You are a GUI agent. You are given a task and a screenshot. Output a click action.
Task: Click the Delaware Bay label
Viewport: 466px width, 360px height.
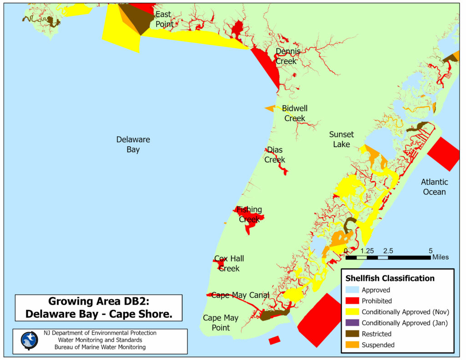coord(133,144)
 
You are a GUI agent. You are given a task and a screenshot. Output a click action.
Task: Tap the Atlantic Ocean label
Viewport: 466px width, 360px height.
coord(434,187)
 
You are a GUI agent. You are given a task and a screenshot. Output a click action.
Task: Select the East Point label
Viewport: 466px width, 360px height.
coord(164,19)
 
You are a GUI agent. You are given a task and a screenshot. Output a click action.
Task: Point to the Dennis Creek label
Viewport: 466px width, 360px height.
coord(288,56)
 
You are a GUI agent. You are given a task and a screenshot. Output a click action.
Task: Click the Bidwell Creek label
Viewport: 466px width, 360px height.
coord(294,113)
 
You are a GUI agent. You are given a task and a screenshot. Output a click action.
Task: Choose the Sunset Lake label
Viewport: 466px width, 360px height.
coord(341,139)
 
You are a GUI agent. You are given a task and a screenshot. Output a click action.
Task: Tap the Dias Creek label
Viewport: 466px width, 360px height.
coord(275,155)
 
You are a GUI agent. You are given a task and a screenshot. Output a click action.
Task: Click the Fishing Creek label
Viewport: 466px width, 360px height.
coord(249,214)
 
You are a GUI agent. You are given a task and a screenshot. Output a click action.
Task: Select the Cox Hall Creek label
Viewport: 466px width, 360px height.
coord(229,264)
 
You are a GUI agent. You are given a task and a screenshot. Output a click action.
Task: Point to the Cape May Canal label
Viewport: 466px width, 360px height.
coord(240,295)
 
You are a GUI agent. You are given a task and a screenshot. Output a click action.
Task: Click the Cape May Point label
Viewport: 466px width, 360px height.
coord(220,323)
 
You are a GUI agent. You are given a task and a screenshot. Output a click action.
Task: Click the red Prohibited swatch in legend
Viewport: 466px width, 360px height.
coord(352,301)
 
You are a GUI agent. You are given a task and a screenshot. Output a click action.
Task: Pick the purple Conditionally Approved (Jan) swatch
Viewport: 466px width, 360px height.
coord(352,323)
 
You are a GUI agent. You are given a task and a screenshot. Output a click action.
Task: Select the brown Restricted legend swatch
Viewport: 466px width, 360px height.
coord(352,334)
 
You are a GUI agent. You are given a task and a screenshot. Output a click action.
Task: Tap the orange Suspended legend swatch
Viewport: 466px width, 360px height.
coord(352,345)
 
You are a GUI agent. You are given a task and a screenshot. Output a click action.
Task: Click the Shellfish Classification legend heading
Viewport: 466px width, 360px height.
coord(390,278)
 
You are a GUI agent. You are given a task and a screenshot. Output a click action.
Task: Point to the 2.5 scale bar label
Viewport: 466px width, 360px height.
coord(388,251)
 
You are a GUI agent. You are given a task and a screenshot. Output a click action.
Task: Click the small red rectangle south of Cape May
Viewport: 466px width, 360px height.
coord(274,340)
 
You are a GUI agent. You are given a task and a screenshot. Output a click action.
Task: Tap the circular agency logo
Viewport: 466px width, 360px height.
coord(30,340)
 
